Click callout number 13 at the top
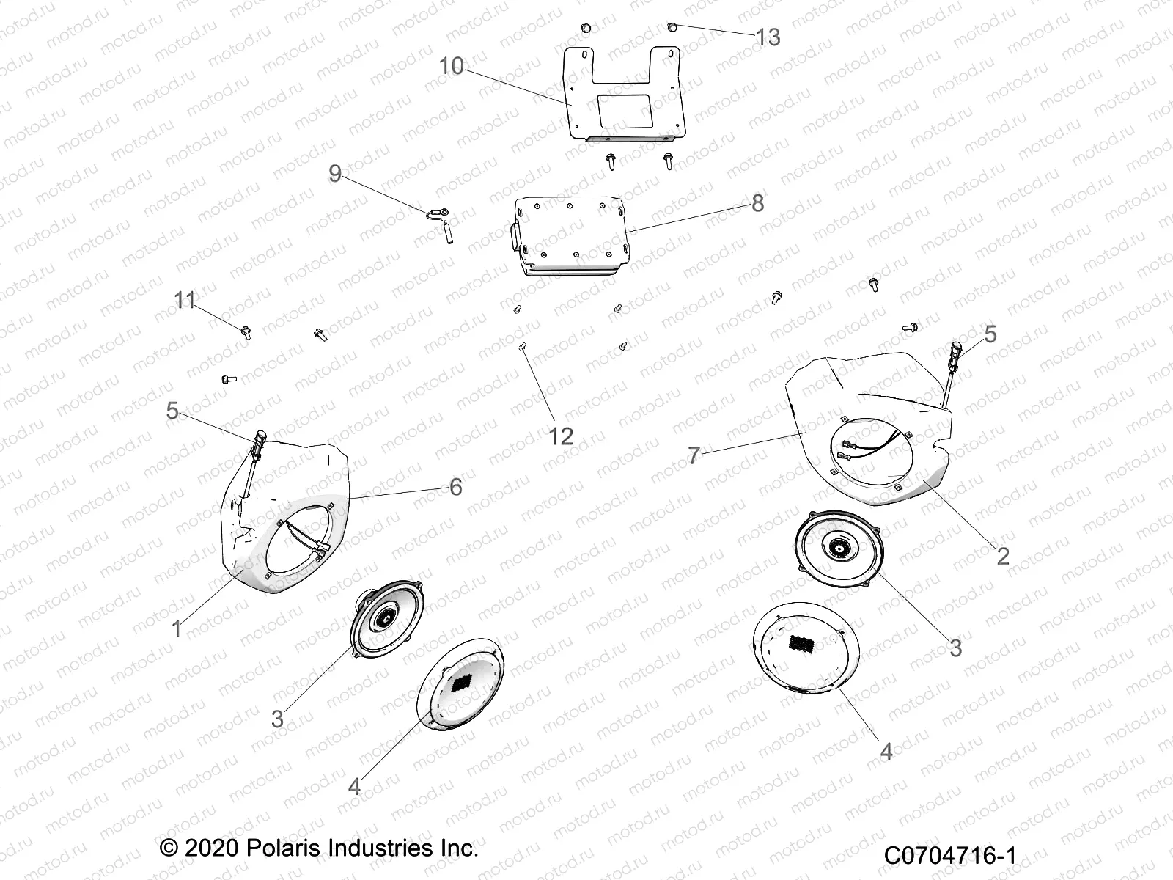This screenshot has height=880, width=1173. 768,37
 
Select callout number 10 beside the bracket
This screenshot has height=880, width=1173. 452,66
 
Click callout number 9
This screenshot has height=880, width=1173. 335,174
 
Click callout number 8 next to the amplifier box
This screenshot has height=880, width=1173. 757,202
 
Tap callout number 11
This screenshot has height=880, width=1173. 185,300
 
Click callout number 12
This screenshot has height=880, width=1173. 561,436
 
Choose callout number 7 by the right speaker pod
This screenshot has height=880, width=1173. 694,455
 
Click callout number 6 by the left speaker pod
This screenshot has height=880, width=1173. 456,486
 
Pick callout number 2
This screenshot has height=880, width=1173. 1002,555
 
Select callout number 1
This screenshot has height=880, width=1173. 176,629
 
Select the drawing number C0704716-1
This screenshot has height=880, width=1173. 950,856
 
